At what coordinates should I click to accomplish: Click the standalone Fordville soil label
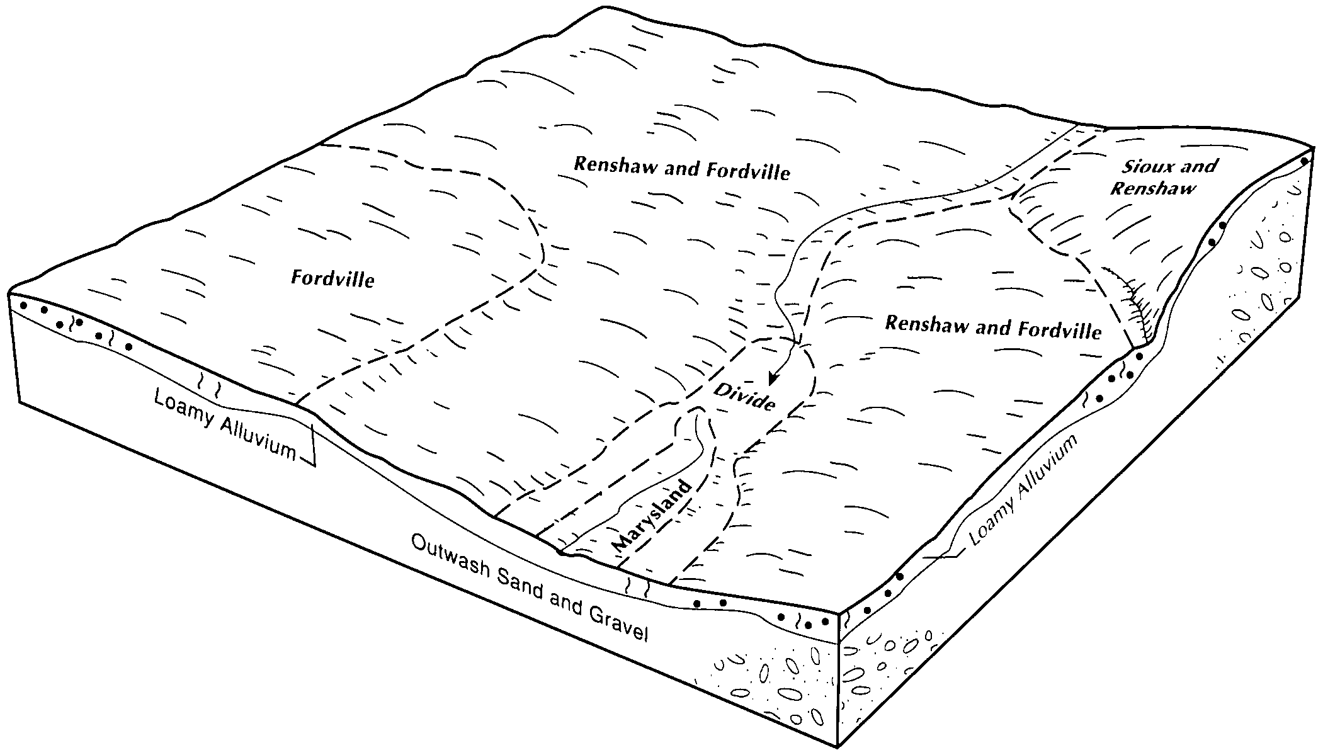click(332, 278)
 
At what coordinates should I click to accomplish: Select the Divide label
click(744, 396)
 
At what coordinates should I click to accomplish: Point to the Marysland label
click(651, 516)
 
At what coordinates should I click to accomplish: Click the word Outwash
click(450, 560)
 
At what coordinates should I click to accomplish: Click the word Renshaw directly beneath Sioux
click(1152, 188)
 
